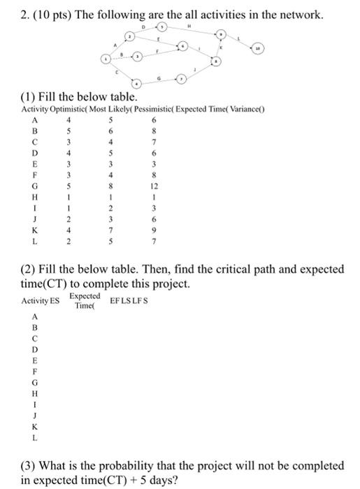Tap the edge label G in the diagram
click(162, 78)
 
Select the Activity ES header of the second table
click(41, 300)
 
